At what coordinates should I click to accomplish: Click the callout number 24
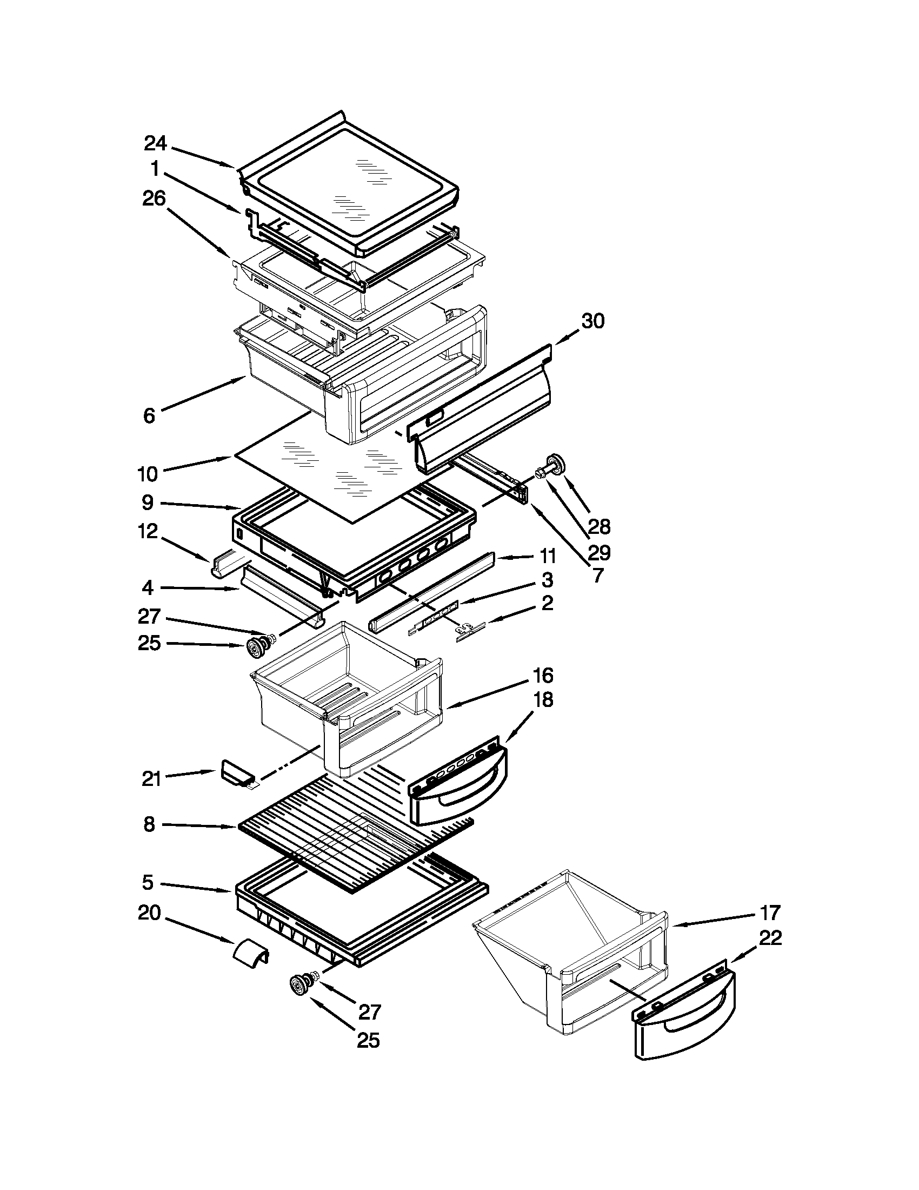[x=155, y=143]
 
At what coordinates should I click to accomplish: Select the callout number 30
[x=593, y=321]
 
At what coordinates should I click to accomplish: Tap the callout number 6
[x=149, y=416]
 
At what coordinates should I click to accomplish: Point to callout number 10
[x=148, y=474]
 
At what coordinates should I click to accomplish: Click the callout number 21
[x=151, y=778]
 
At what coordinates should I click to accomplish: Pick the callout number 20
[x=149, y=913]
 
